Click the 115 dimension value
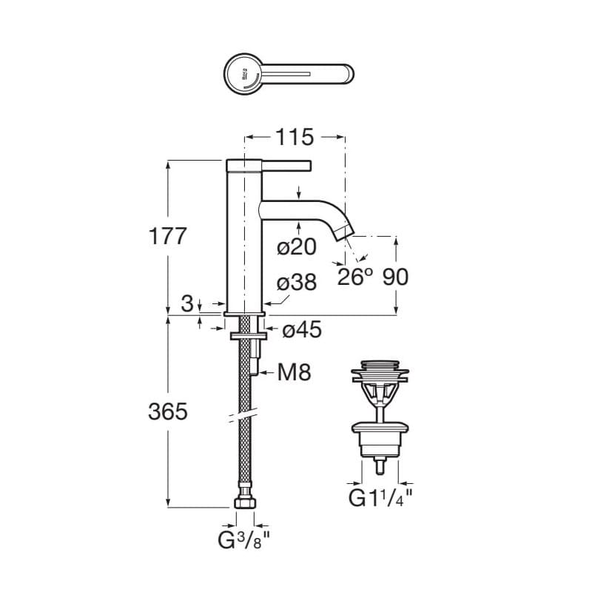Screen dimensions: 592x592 (x=295, y=137)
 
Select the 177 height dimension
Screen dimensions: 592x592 (x=168, y=236)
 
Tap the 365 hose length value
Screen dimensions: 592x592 (x=168, y=411)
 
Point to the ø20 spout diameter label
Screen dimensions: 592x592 (x=297, y=247)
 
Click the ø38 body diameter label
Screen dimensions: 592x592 (x=297, y=283)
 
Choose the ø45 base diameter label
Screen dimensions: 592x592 (x=302, y=329)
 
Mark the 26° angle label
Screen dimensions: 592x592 (x=355, y=277)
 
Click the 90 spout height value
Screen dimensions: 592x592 (x=396, y=277)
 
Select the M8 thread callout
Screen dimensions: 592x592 (x=294, y=372)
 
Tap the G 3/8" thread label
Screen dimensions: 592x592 (x=244, y=541)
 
